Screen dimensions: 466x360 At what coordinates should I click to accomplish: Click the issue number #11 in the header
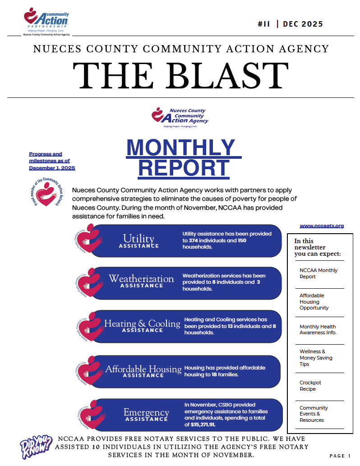click(x=263, y=24)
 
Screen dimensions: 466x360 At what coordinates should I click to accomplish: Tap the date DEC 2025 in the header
click(x=303, y=24)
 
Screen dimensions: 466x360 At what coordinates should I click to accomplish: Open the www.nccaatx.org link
click(x=322, y=226)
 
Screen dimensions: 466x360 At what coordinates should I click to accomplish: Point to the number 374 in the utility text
click(x=195, y=240)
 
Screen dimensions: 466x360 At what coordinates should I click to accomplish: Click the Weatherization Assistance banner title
click(x=141, y=281)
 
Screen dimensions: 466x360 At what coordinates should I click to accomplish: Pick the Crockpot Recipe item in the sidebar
click(x=310, y=386)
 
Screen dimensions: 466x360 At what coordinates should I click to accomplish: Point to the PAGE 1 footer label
click(x=340, y=456)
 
